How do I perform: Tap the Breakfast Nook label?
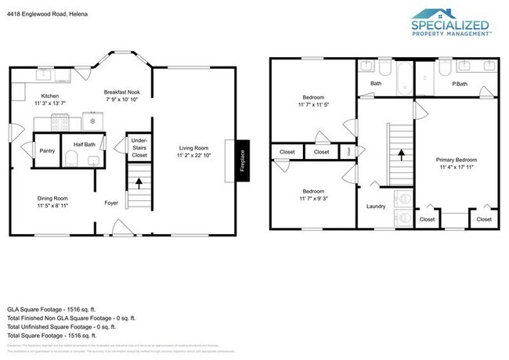[121, 92]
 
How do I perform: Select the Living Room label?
[193, 147]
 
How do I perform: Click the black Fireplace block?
[241, 160]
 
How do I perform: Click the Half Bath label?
[85, 144]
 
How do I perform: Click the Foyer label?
[111, 203]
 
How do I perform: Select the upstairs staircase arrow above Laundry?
[402, 154]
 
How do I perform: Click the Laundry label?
[377, 207]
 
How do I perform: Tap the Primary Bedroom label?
[457, 159]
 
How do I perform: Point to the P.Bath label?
[460, 83]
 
